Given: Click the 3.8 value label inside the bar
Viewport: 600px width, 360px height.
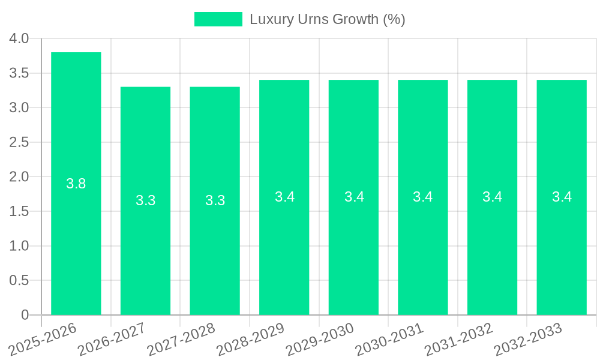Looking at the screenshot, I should tap(76, 184).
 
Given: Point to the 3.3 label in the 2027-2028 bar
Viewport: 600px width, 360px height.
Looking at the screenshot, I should tap(215, 200).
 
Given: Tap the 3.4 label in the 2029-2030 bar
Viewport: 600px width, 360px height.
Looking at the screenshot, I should tap(354, 197).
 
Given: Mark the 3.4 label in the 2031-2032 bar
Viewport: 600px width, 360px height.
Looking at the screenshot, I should tap(493, 197).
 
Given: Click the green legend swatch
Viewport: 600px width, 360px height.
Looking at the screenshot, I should tap(218, 19).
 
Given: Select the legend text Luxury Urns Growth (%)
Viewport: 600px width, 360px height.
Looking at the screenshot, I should tap(328, 19).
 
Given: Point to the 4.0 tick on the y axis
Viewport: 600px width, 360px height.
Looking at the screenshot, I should tap(20, 38).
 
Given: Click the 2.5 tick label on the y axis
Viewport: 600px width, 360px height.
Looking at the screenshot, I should tap(20, 142).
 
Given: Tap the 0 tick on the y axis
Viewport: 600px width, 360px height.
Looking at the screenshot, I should tap(25, 315).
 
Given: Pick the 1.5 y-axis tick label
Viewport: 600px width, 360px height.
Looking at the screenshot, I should tap(20, 211).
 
